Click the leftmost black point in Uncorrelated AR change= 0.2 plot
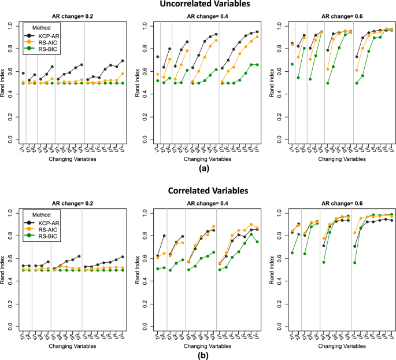pos(23,73)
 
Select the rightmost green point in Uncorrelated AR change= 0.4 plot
pos(257,64)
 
